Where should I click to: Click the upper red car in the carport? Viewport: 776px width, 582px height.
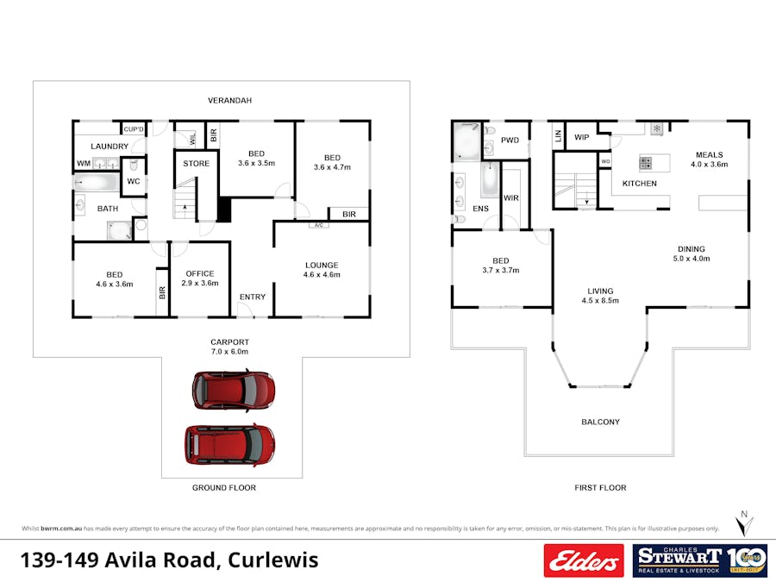233,390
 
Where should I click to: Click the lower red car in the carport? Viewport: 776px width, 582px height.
229,444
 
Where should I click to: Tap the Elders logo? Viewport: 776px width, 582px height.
583,560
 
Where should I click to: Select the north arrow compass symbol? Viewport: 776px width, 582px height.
742,523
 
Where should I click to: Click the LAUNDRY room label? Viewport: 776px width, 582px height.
110,147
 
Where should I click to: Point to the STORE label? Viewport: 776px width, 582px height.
197,163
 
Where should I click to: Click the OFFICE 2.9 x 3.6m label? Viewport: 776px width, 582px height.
200,278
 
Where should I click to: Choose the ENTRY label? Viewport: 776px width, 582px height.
253,297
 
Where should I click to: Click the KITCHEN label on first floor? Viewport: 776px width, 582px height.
640,184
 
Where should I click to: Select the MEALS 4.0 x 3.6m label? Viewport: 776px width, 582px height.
710,160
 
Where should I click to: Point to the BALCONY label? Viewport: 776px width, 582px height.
600,422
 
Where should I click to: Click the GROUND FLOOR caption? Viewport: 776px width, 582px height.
224,488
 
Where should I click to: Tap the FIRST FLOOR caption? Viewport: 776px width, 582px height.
600,488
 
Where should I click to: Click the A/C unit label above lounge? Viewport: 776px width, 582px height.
318,225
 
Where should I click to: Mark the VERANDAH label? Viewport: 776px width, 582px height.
229,101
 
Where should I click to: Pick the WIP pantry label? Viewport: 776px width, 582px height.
582,137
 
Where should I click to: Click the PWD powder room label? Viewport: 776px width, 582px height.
510,141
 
